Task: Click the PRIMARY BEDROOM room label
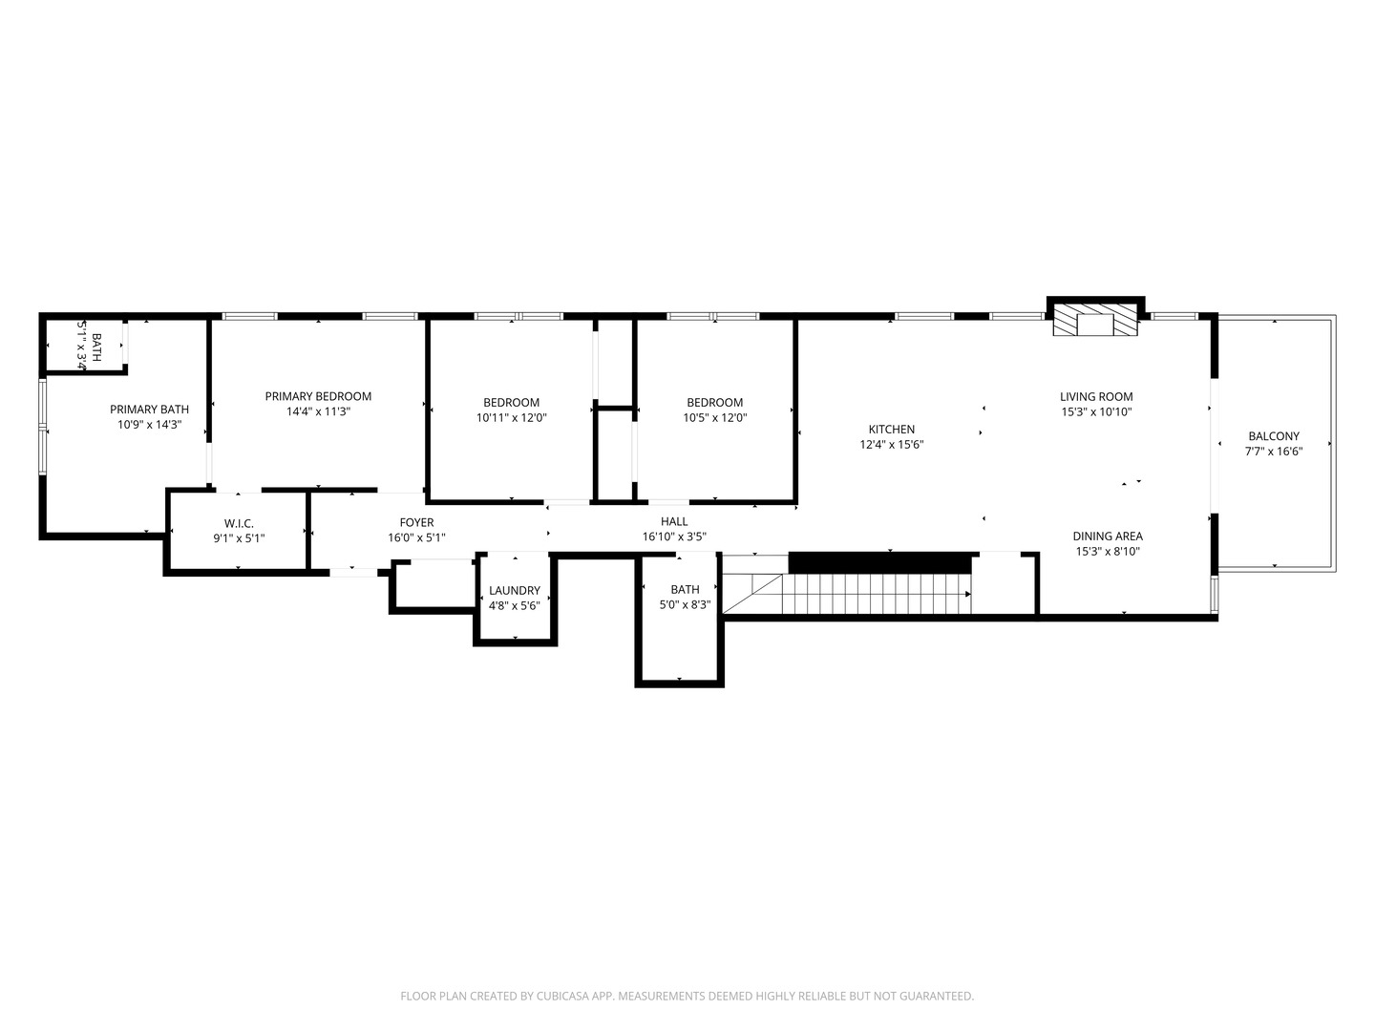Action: [x=318, y=396]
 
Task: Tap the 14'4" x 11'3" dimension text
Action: [x=318, y=412]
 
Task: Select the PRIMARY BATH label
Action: [x=149, y=410]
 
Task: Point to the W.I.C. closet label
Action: [x=239, y=523]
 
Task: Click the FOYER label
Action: [x=416, y=522]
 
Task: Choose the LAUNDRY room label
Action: [x=515, y=590]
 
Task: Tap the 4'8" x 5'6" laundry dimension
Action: [x=515, y=605]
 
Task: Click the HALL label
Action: [x=674, y=521]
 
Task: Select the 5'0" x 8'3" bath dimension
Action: [x=685, y=604]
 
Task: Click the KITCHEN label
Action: [x=891, y=430]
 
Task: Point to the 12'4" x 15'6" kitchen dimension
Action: [x=891, y=445]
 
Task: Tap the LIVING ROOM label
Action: [x=1096, y=396]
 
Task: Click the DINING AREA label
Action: [x=1108, y=537]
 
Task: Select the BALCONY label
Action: [x=1274, y=436]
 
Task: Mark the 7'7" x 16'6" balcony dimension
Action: [x=1274, y=452]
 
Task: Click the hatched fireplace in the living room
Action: [x=1096, y=322]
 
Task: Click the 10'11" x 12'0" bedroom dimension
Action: [x=512, y=418]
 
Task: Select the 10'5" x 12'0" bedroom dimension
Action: [x=714, y=418]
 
